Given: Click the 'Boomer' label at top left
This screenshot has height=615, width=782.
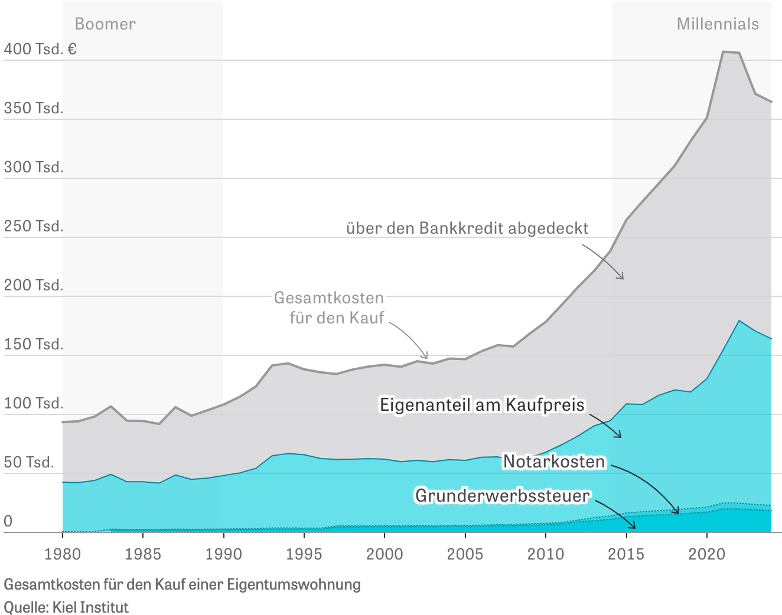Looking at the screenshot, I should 105,24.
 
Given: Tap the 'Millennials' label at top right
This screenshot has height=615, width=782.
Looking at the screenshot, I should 717,24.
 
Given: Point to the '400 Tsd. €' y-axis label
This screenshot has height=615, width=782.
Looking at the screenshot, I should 40,49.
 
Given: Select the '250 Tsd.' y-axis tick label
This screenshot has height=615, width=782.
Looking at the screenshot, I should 33,226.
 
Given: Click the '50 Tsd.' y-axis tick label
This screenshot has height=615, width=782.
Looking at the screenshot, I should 29,462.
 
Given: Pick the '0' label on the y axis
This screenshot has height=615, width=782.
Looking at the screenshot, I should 8,521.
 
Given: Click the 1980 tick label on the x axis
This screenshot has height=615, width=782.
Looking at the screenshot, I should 62,554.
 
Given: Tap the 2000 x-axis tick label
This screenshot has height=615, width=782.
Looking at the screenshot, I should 385,554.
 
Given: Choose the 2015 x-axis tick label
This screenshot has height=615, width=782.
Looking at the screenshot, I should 626,554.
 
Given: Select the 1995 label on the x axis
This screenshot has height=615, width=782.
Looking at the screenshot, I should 304,554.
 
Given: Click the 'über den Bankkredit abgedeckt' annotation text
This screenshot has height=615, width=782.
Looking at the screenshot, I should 467,228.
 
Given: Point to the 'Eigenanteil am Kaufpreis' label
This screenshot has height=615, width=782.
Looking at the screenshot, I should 482,405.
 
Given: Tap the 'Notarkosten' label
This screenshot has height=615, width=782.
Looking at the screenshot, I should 554,462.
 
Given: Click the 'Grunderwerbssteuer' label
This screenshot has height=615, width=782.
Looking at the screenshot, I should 502,495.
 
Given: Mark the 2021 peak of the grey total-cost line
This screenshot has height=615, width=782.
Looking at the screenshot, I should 724,52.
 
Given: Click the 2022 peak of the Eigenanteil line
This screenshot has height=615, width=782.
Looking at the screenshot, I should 739,320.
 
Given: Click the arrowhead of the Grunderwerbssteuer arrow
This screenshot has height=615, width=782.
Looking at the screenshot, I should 634,526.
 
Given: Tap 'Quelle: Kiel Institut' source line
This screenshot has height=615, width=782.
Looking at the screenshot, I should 66,607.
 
